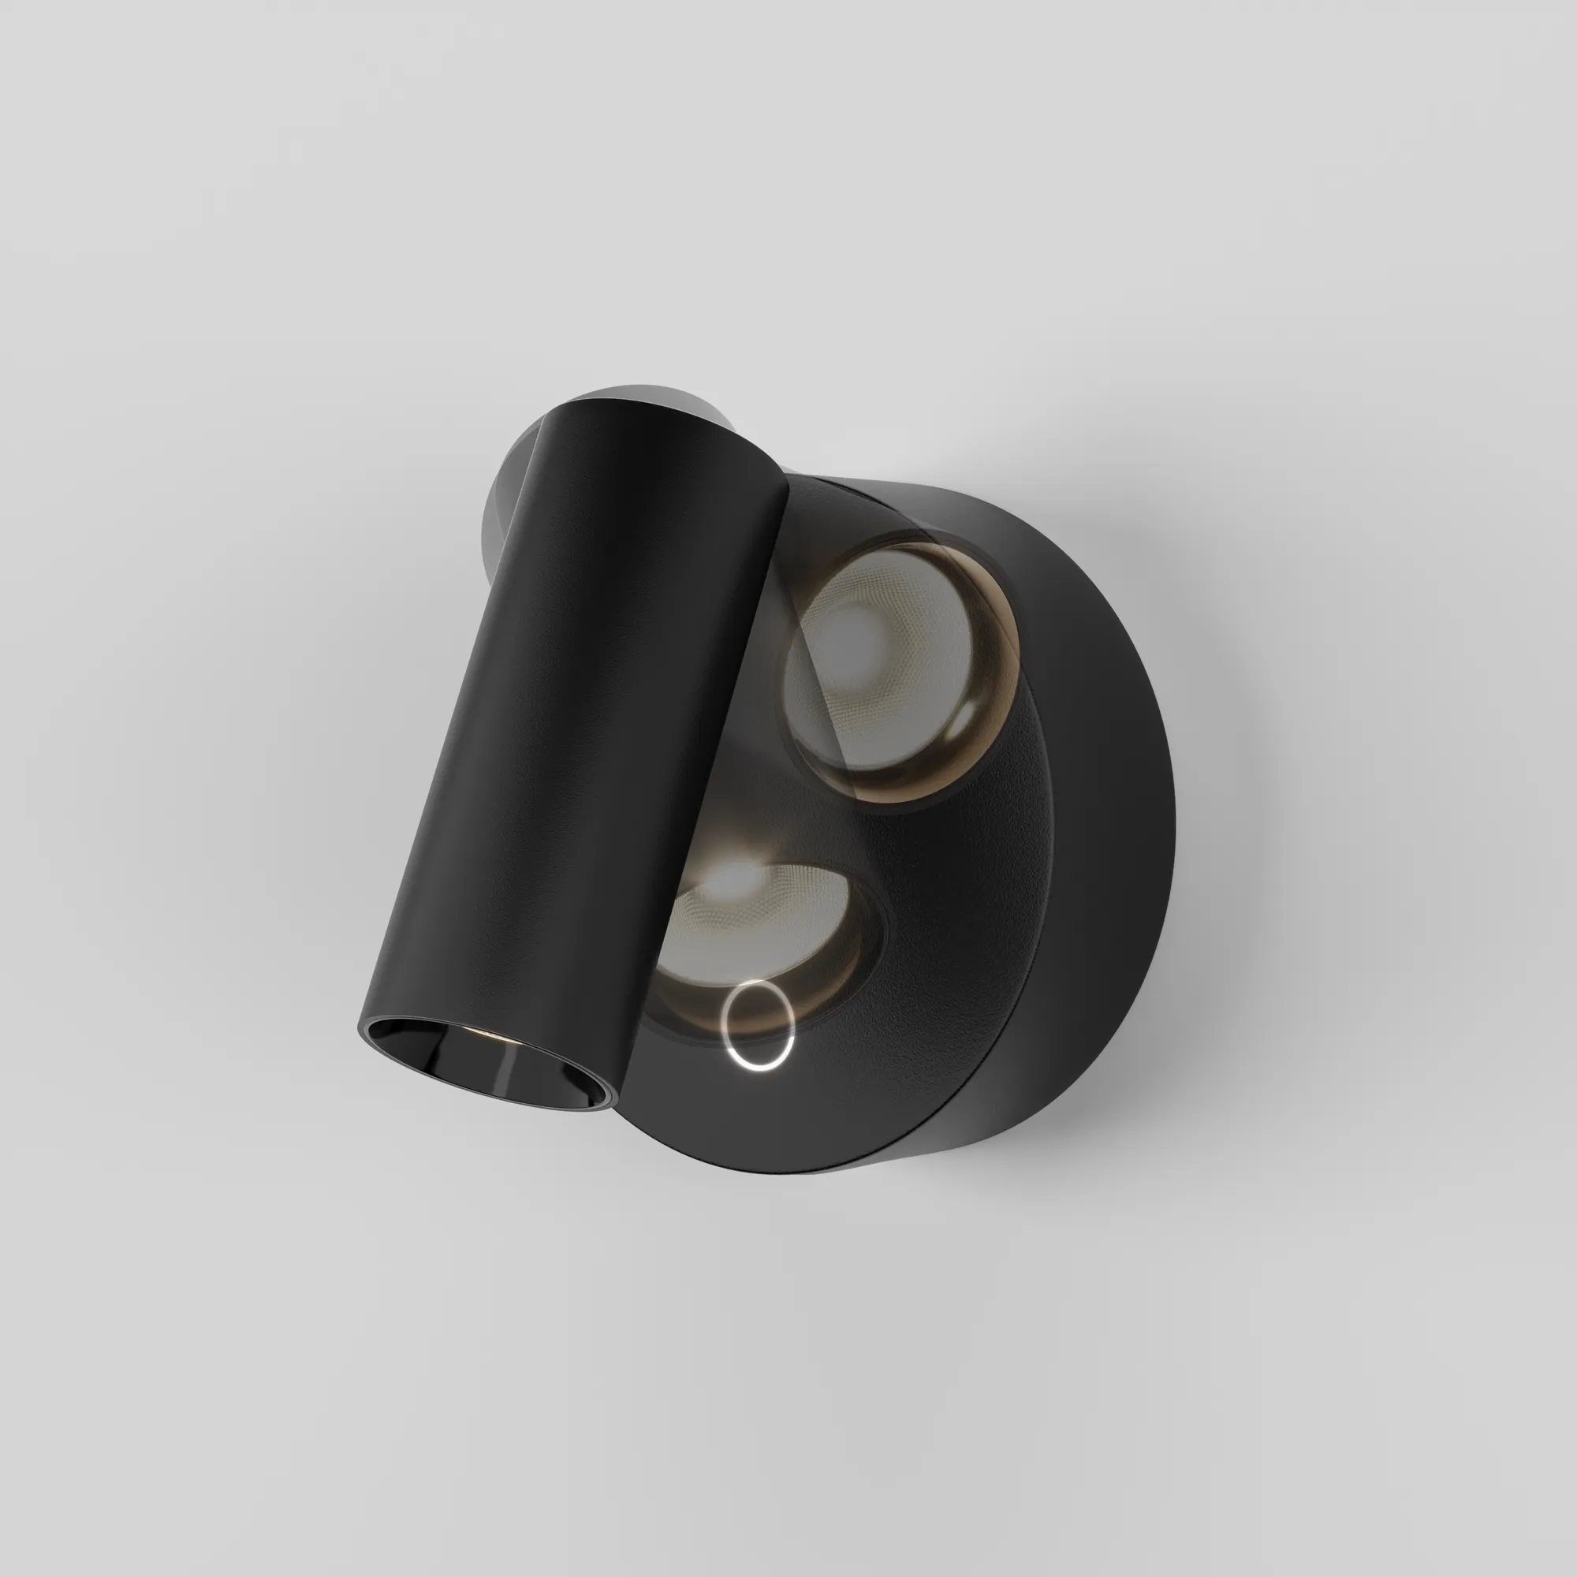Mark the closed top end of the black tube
[x=653, y=424]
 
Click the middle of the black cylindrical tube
[x=572, y=735]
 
